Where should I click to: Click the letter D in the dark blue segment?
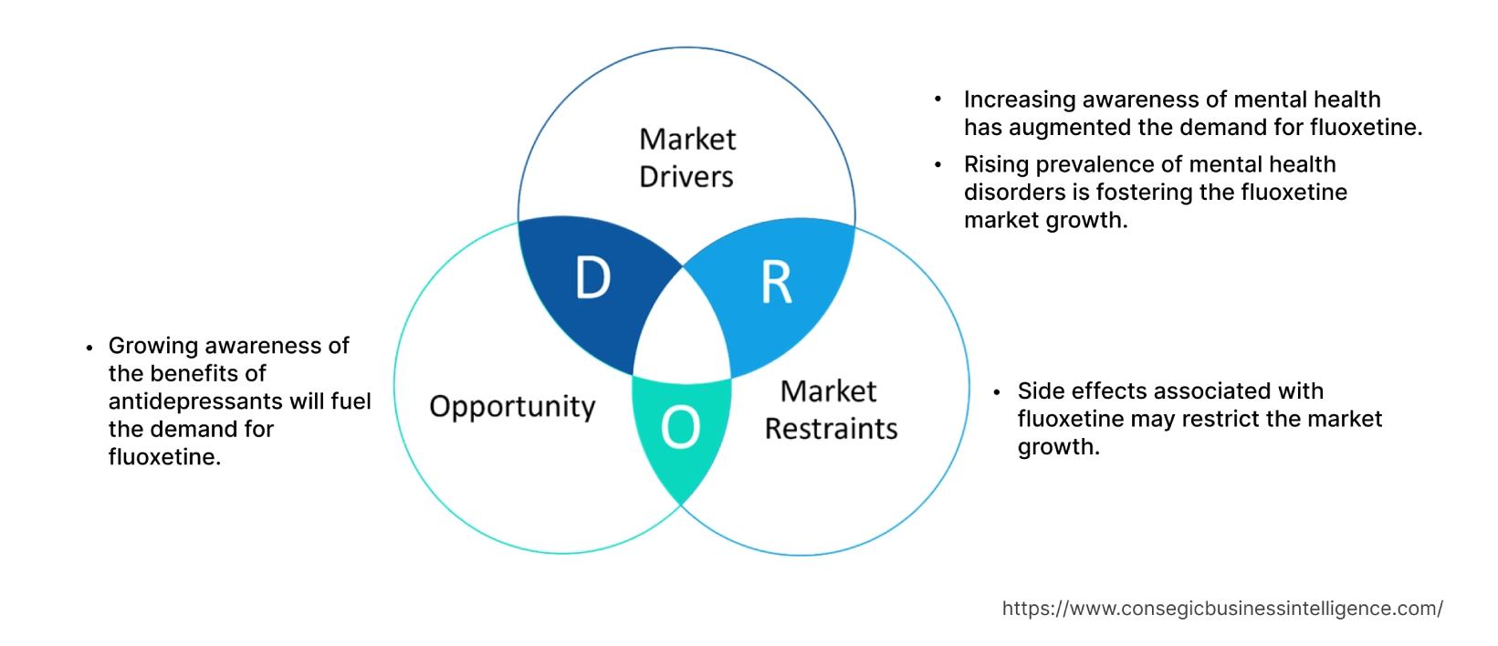[592, 277]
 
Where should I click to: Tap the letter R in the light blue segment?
[777, 283]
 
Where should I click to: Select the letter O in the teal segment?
[680, 427]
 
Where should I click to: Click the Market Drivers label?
[686, 158]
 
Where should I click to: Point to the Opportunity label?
[512, 406]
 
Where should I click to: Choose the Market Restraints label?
[831, 410]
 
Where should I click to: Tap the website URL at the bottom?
[1222, 609]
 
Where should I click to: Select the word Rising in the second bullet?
[993, 164]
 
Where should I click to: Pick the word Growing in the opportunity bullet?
[152, 346]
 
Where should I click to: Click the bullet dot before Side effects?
[997, 392]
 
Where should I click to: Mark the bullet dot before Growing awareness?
[89, 348]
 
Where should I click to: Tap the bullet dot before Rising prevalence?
[938, 165]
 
